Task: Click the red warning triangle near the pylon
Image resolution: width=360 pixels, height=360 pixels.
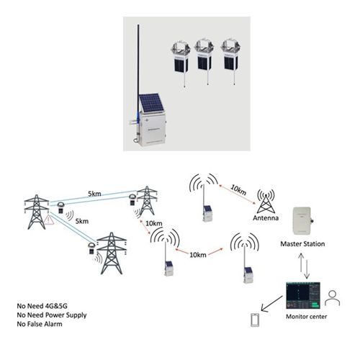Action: pyautogui.click(x=49, y=220)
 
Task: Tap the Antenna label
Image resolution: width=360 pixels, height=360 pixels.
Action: pyautogui.click(x=266, y=218)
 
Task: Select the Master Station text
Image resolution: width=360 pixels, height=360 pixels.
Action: pyautogui.click(x=302, y=244)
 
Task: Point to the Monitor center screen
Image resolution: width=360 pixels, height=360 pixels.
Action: pyautogui.click(x=303, y=295)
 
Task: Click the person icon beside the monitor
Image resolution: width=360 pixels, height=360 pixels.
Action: pyautogui.click(x=333, y=298)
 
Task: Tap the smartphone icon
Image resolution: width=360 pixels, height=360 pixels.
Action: pyautogui.click(x=255, y=320)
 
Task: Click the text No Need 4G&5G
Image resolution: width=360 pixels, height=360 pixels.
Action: pyautogui.click(x=42, y=306)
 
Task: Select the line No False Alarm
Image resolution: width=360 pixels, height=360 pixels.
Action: pyautogui.click(x=40, y=324)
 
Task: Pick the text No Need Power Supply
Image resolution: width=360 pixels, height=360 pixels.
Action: pyautogui.click(x=52, y=315)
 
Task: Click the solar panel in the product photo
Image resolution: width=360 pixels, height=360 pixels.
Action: pyautogui.click(x=151, y=103)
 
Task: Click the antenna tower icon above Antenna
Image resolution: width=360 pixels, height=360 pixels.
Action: pyautogui.click(x=266, y=201)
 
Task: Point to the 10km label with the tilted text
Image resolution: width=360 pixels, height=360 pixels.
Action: pyautogui.click(x=238, y=190)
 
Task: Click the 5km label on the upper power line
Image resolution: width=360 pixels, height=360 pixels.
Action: pyautogui.click(x=94, y=194)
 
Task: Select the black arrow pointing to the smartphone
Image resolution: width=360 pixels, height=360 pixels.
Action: pyautogui.click(x=272, y=304)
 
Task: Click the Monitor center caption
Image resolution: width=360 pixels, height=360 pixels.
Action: pyautogui.click(x=307, y=317)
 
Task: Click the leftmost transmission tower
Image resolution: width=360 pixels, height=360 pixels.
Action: pyautogui.click(x=37, y=212)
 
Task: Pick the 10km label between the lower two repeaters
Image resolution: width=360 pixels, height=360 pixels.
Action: pyautogui.click(x=198, y=255)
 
